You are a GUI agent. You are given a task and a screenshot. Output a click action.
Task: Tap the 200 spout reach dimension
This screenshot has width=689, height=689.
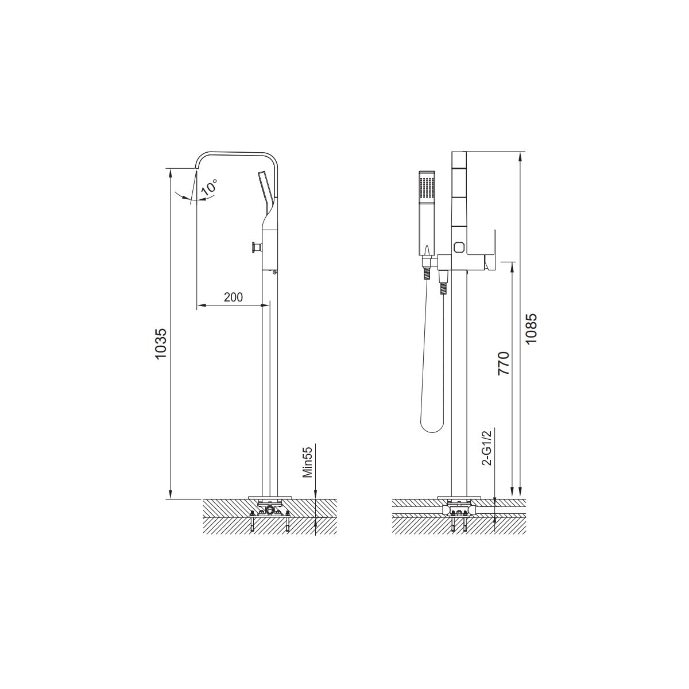233,297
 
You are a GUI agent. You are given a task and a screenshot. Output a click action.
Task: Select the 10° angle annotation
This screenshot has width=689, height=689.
210,187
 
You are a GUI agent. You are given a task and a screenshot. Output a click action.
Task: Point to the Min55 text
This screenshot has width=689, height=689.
308,461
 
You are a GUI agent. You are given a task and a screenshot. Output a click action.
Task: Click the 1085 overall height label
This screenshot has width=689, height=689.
531,329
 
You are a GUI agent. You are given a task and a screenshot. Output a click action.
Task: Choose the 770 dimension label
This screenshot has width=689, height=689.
504,363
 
